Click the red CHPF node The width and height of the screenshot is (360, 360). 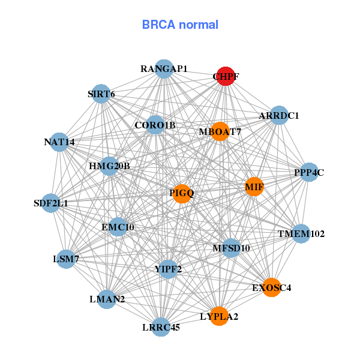coord(225,76)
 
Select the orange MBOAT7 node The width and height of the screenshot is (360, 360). coord(221,131)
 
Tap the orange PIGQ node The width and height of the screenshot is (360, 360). coord(182,193)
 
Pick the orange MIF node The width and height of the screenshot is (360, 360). coord(254,187)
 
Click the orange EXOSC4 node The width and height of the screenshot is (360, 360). coord(271,288)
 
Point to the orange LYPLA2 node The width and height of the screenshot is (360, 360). coord(220,316)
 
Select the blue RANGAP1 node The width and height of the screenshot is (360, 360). coord(164,69)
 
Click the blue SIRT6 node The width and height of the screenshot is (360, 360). coord(101,94)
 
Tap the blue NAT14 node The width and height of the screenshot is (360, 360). coord(59,142)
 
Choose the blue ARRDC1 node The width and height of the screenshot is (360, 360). coord(279,115)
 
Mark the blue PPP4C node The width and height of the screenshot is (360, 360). coord(309,172)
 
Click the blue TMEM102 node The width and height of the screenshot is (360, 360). coord(301,233)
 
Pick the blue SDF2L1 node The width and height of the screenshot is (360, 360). coord(51,203)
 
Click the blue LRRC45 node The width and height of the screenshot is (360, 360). coord(161,327)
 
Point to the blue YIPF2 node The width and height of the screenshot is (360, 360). coord(168,269)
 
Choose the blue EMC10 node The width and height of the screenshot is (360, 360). coord(118,227)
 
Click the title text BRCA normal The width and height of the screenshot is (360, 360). coord(180,25)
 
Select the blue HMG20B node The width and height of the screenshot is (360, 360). coord(109,166)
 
